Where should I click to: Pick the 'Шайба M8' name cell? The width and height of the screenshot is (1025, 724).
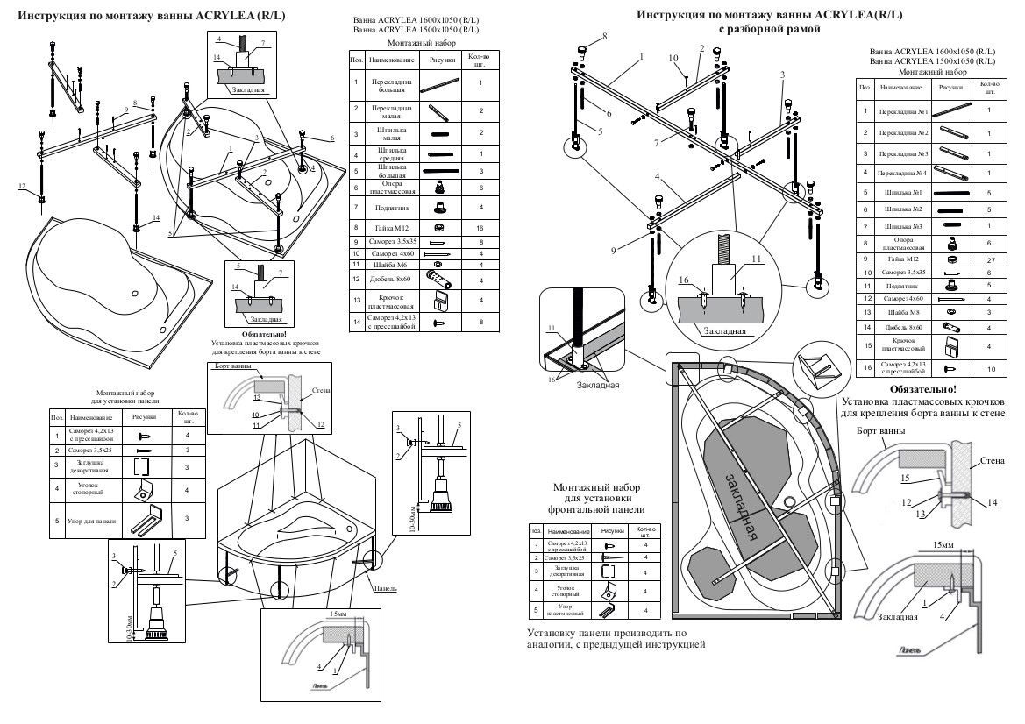coord(900,309)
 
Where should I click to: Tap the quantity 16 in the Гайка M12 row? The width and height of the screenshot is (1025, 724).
coord(480,227)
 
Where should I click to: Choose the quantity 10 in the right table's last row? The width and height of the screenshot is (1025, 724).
coord(991,368)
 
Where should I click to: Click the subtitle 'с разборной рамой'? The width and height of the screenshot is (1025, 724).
coord(769,29)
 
